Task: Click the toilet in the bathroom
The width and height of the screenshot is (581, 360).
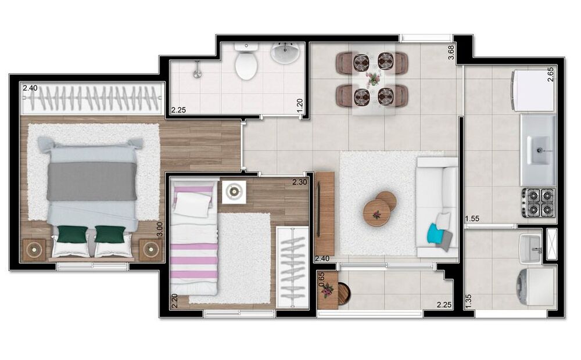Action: coord(246,63)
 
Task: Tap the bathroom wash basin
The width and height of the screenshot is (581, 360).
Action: coord(285,53)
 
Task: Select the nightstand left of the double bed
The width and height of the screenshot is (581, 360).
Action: coord(34,250)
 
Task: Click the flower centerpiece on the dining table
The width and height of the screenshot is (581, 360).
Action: coord(372,78)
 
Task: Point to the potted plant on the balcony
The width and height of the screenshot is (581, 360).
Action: coord(328,289)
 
